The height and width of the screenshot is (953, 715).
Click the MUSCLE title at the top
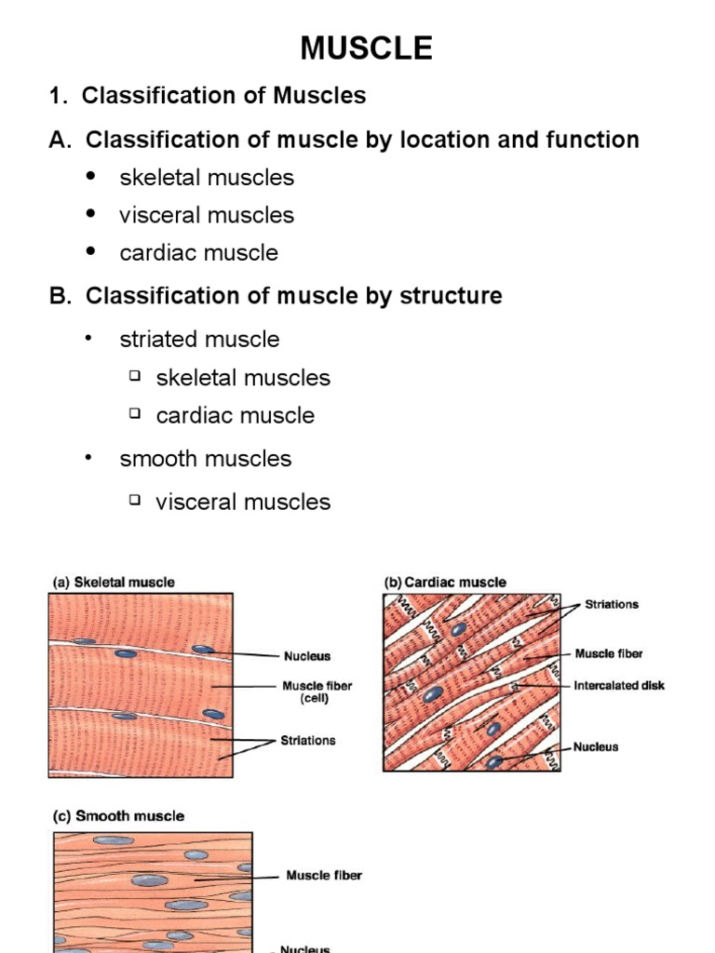pos(365,47)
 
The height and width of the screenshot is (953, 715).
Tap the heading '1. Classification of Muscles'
pos(208,95)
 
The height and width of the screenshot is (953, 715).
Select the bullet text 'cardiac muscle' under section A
pos(198,253)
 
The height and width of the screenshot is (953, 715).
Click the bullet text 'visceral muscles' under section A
pos(206,215)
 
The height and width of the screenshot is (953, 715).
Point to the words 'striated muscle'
pos(199,340)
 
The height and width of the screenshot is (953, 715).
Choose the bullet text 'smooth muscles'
pos(205,459)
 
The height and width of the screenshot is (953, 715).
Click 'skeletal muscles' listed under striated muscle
pos(243,378)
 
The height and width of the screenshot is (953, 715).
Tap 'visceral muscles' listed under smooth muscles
pos(243,503)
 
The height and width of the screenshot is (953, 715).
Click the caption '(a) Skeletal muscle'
pos(113,583)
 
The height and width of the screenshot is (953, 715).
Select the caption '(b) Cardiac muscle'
pos(445,583)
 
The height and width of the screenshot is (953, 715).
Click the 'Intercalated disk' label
pos(619,686)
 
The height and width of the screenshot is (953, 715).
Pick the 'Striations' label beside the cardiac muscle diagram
pos(612,605)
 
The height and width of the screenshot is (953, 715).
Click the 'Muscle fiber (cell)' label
pos(317,692)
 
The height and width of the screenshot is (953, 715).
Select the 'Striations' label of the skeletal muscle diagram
pos(308,741)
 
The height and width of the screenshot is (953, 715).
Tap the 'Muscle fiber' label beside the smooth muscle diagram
pos(324,876)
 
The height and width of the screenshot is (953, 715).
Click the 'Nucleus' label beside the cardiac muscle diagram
pos(596,746)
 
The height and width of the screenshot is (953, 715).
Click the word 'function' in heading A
pos(594,141)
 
